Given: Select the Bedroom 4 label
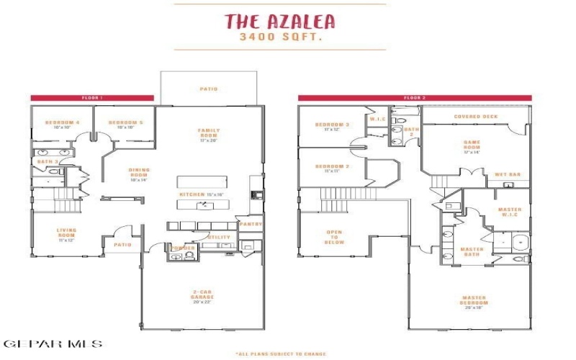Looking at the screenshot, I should pos(62,123).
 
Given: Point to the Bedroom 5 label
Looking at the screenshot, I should pos(125,123).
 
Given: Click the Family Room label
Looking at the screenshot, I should pos(209,133).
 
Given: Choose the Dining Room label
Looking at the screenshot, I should pos(138,174).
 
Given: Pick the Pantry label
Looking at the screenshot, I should pos(251,225).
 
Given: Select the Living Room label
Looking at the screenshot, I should pos(66,233).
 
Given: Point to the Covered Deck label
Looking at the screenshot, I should pos(476,116).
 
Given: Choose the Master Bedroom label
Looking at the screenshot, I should pos(474,301).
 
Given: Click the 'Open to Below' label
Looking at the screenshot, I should pos(334,237).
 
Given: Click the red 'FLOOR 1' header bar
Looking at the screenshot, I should pos(91,97).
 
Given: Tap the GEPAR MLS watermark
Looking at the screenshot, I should pos(52,344).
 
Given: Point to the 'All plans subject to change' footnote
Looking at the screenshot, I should pos(280,354).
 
